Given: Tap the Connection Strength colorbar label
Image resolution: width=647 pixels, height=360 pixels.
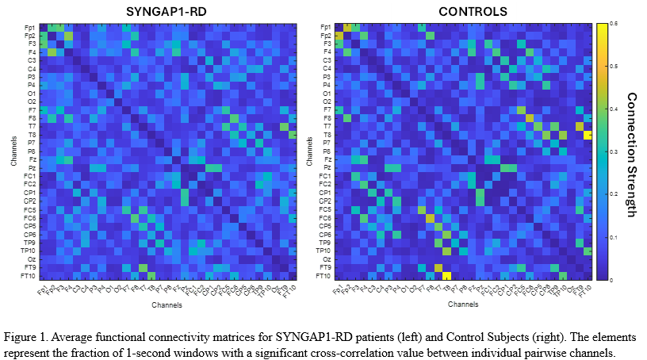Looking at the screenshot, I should click(x=631, y=154).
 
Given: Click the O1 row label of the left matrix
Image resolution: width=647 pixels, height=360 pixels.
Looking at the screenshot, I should click(x=30, y=94).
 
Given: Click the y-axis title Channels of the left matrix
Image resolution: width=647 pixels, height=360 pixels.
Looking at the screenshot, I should click(x=13, y=151).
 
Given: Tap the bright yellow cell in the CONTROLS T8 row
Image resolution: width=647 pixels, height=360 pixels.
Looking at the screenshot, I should click(x=588, y=135).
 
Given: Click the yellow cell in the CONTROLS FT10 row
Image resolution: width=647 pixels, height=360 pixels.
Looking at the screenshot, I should click(x=446, y=276).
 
